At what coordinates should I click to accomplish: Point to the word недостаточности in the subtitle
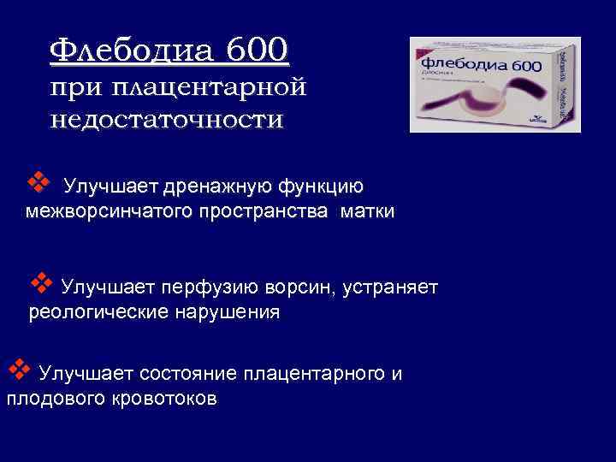point(165,118)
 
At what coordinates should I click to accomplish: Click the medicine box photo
point(495,84)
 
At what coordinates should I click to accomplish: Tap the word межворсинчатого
point(104,212)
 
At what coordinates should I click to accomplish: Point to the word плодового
point(54,399)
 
